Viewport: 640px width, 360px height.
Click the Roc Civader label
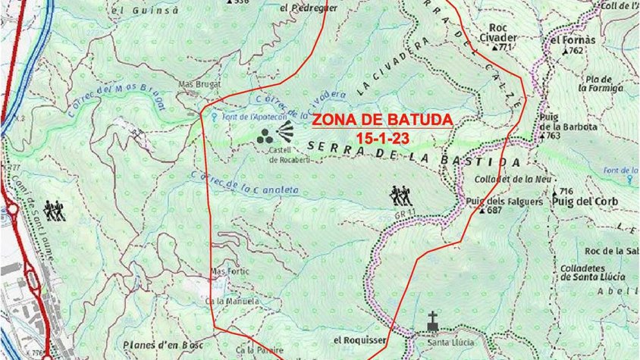coord(498,37)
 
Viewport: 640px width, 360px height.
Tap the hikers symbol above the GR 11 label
coord(399,196)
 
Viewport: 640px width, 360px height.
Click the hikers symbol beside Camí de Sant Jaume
coord(54,211)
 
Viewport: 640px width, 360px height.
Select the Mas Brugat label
coord(198,84)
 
